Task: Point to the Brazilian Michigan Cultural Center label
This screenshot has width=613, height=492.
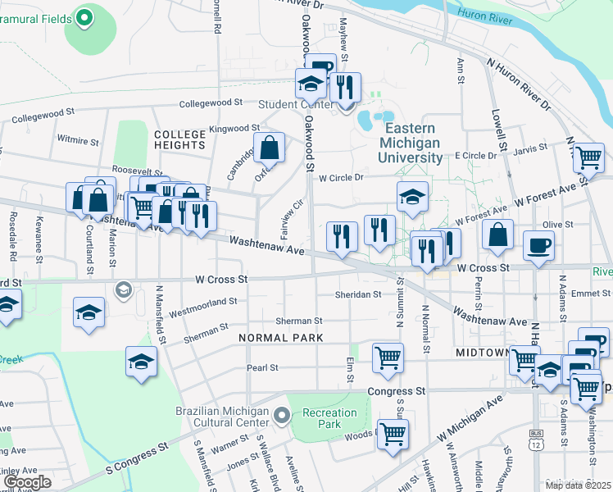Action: click(222, 417)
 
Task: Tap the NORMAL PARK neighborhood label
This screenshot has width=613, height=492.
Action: click(280, 338)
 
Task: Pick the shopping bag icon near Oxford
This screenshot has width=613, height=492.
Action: click(269, 148)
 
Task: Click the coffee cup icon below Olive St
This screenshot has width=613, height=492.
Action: click(538, 245)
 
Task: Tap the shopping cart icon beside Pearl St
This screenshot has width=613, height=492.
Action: click(387, 357)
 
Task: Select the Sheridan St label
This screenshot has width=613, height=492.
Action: click(359, 294)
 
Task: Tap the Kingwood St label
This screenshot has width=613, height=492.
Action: click(234, 129)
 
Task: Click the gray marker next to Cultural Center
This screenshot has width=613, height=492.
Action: click(282, 417)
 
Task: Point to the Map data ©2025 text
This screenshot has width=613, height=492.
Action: click(577, 485)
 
